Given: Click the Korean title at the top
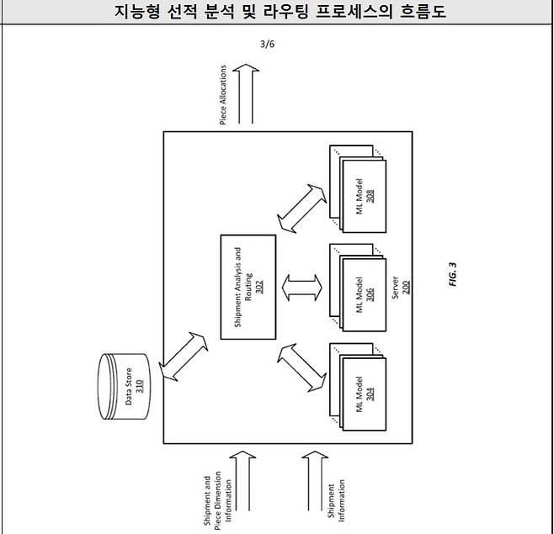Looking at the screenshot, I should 278,12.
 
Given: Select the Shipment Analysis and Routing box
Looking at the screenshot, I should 248,288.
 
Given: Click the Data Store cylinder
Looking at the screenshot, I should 127,389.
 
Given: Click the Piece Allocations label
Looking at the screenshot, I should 223,96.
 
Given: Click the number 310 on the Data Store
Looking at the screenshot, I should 139,389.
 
